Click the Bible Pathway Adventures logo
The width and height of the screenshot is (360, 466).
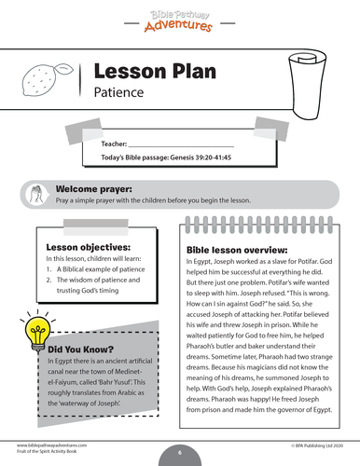180,16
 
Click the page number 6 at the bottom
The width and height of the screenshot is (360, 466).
179,451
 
